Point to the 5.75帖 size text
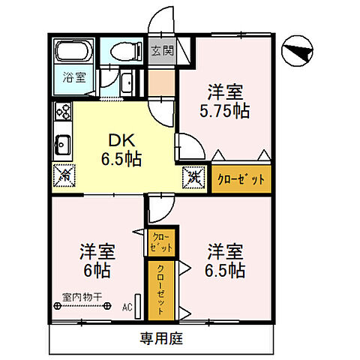pos(225,111)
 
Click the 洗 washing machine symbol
pos(193,178)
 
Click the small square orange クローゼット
pos(162,241)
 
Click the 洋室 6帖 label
pos(97,259)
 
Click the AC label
pos(127,307)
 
